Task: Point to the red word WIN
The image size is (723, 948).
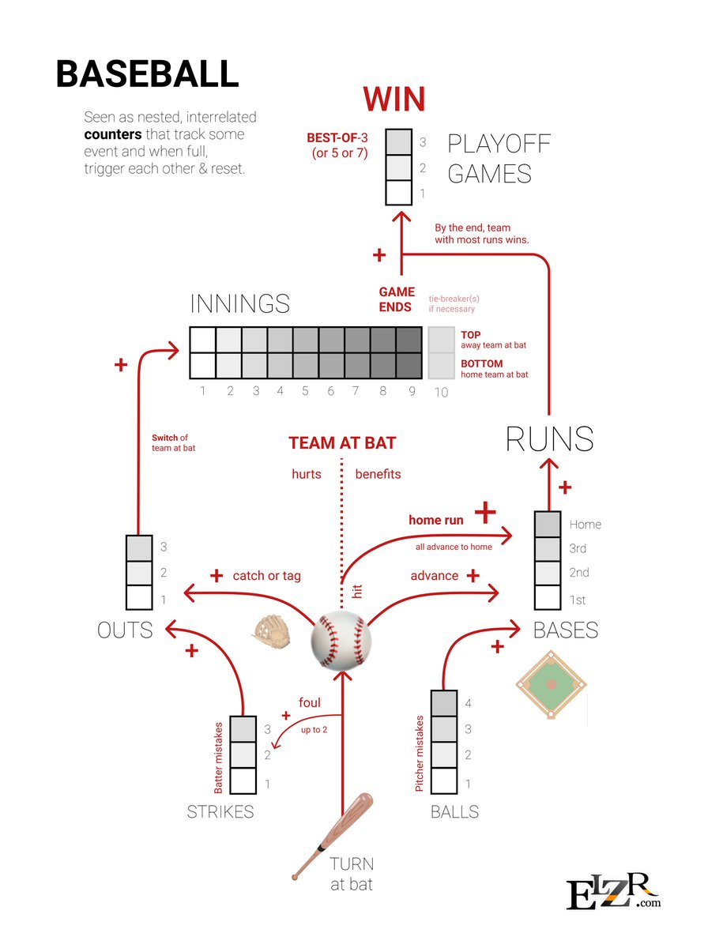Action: pos(394,100)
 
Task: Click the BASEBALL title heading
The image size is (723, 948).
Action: pos(147,73)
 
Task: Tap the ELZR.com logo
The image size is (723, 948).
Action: pos(613,892)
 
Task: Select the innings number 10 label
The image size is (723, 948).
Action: pos(441,392)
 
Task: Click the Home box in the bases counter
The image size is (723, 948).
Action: pos(548,524)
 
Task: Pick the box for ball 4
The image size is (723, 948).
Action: pos(444,703)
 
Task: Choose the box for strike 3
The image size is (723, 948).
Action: pos(244,728)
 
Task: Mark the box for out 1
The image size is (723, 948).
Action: pos(139,598)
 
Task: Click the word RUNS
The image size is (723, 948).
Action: pos(550,438)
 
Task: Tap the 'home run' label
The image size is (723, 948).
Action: pos(436,521)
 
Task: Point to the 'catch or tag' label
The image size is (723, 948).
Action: pos(266,576)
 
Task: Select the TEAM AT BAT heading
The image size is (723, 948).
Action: pos(342,443)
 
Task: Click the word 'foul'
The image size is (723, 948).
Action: pos(309,703)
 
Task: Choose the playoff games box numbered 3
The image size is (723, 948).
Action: pos(400,143)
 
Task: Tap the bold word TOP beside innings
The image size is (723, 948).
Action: pos(471,335)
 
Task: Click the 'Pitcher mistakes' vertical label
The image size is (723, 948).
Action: pos(420,754)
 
